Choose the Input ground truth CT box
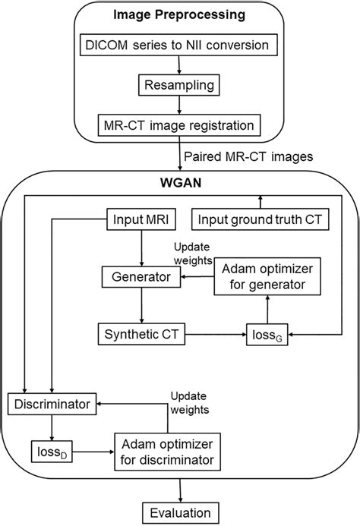tap(261, 220)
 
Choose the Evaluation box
tap(180, 510)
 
